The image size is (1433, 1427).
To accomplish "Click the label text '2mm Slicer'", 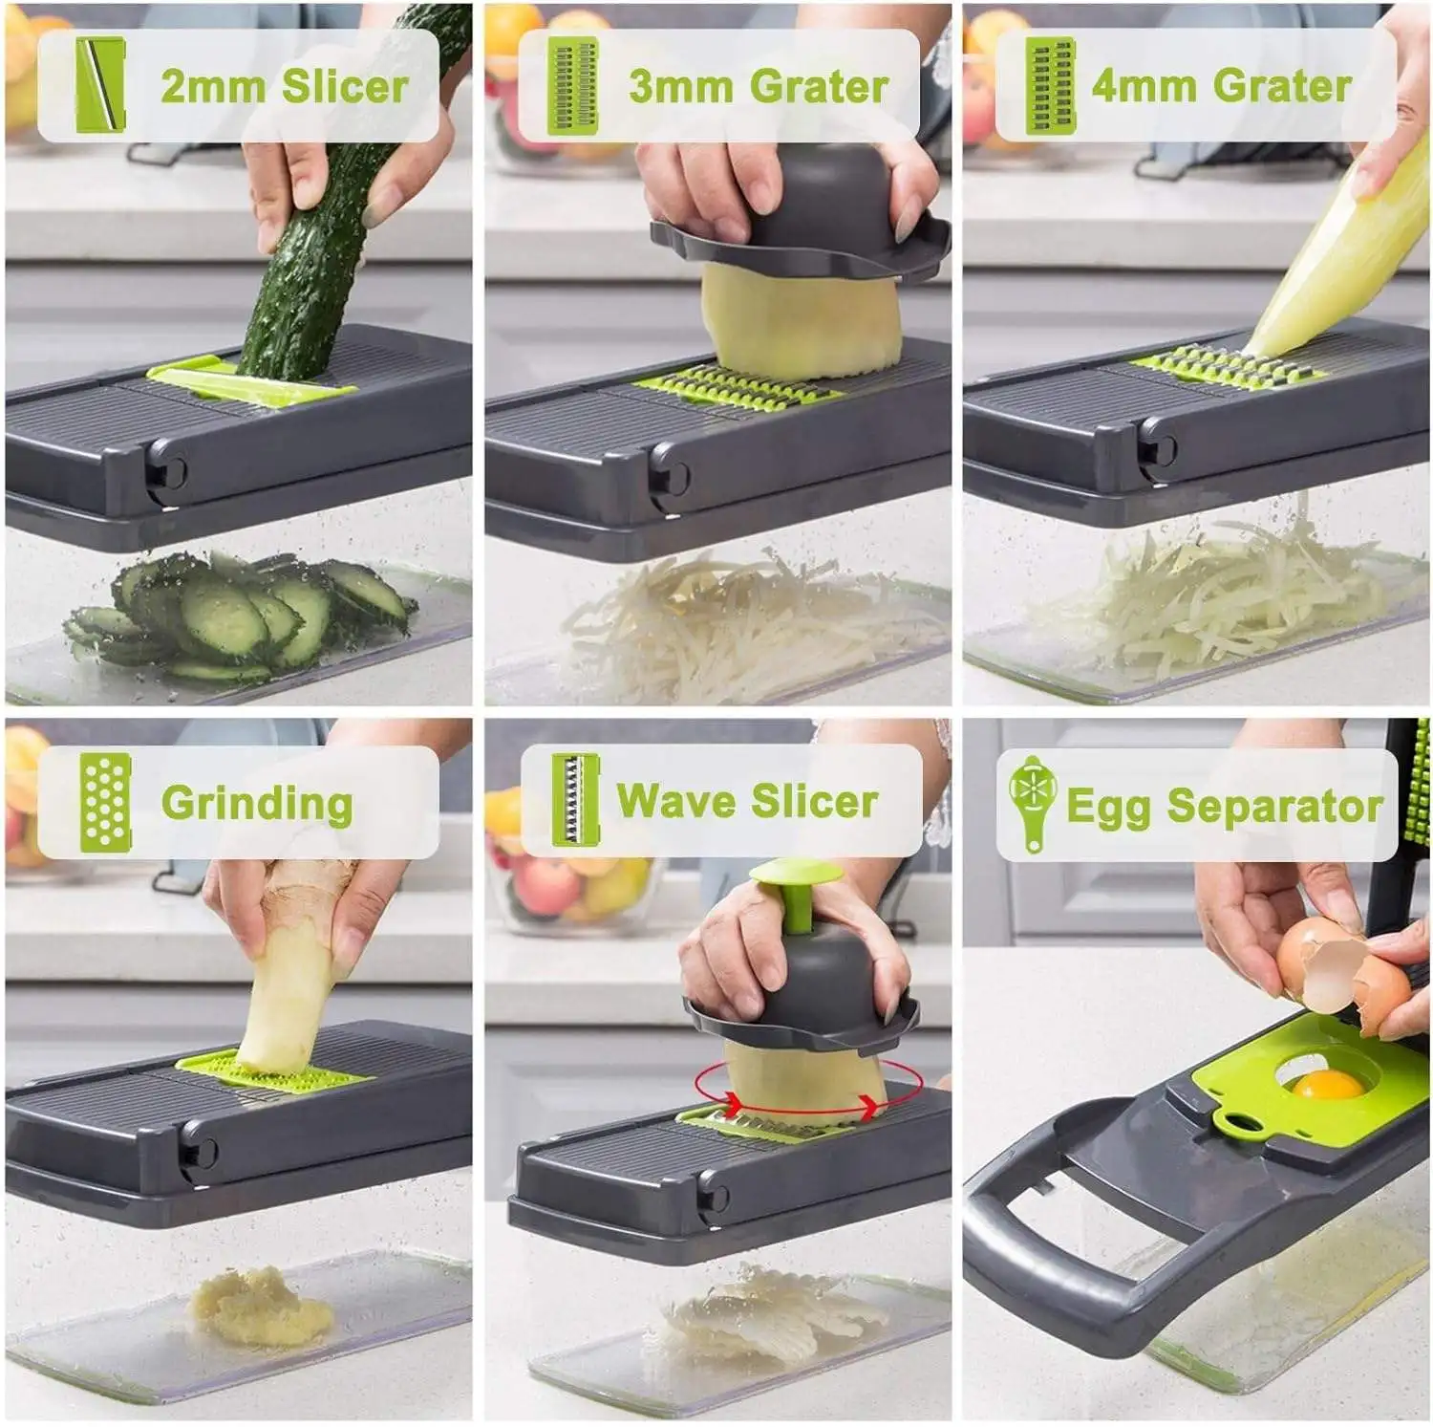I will coord(284,86).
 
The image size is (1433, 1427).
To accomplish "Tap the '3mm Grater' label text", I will coord(759,86).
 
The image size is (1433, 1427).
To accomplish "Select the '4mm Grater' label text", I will coord(1221,86).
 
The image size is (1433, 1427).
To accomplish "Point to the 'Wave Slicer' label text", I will coord(747,801).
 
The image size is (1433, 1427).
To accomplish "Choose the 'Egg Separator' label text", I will coord(1224,806).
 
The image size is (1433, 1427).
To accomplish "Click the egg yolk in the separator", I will coord(1329,1084).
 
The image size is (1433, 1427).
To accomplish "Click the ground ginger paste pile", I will coord(260,1307).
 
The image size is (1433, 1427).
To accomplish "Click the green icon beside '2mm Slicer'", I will coord(100,86).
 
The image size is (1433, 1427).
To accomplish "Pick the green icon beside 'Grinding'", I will coord(104,801).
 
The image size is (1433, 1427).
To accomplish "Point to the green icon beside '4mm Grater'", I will coord(1050,86).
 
